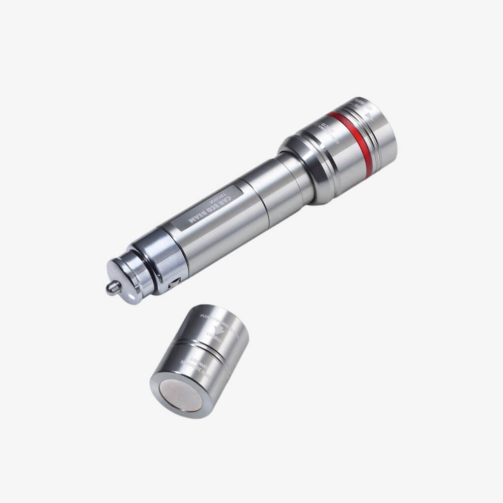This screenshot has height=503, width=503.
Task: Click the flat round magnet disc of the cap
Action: [x=180, y=395]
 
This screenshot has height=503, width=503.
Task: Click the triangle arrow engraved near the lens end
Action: [x=369, y=116]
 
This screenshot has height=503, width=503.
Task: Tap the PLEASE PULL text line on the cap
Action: [x=221, y=322]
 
